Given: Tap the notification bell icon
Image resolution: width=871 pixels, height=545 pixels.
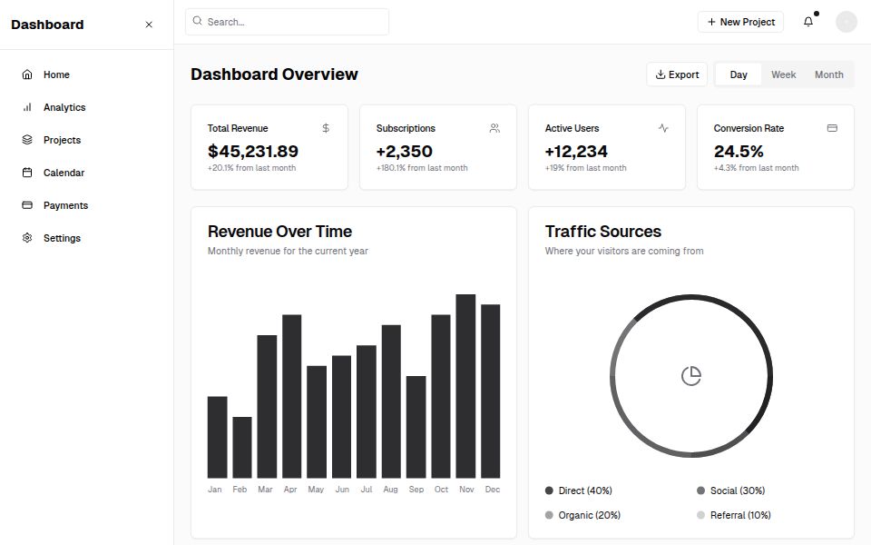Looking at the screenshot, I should [808, 22].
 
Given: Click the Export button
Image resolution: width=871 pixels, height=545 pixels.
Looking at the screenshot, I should [677, 74].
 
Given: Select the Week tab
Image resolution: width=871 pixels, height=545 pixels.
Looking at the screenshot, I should [783, 74].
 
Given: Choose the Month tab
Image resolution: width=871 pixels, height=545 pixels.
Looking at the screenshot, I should [828, 74].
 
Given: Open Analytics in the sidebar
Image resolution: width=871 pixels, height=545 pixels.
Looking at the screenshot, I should [64, 107].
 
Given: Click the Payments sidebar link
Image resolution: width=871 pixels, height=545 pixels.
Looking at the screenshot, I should [65, 205].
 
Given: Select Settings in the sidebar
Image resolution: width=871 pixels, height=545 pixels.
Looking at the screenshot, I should [62, 238].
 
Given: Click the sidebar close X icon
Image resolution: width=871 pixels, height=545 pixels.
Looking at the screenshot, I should [149, 25].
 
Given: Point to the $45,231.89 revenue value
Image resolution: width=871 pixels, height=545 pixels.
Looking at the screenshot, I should [252, 151].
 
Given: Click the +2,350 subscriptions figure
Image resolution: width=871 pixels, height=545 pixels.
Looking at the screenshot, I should [404, 151].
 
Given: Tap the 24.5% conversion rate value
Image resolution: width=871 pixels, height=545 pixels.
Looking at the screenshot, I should [739, 151].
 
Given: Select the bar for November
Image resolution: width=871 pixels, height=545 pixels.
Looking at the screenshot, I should [465, 386].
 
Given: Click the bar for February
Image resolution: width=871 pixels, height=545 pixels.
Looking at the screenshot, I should [242, 447].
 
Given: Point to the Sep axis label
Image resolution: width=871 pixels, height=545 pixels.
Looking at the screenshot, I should [416, 490].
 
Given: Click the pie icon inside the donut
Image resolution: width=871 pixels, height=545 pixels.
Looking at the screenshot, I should [691, 376].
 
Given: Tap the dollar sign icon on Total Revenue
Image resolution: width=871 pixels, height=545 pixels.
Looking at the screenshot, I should [326, 128].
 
